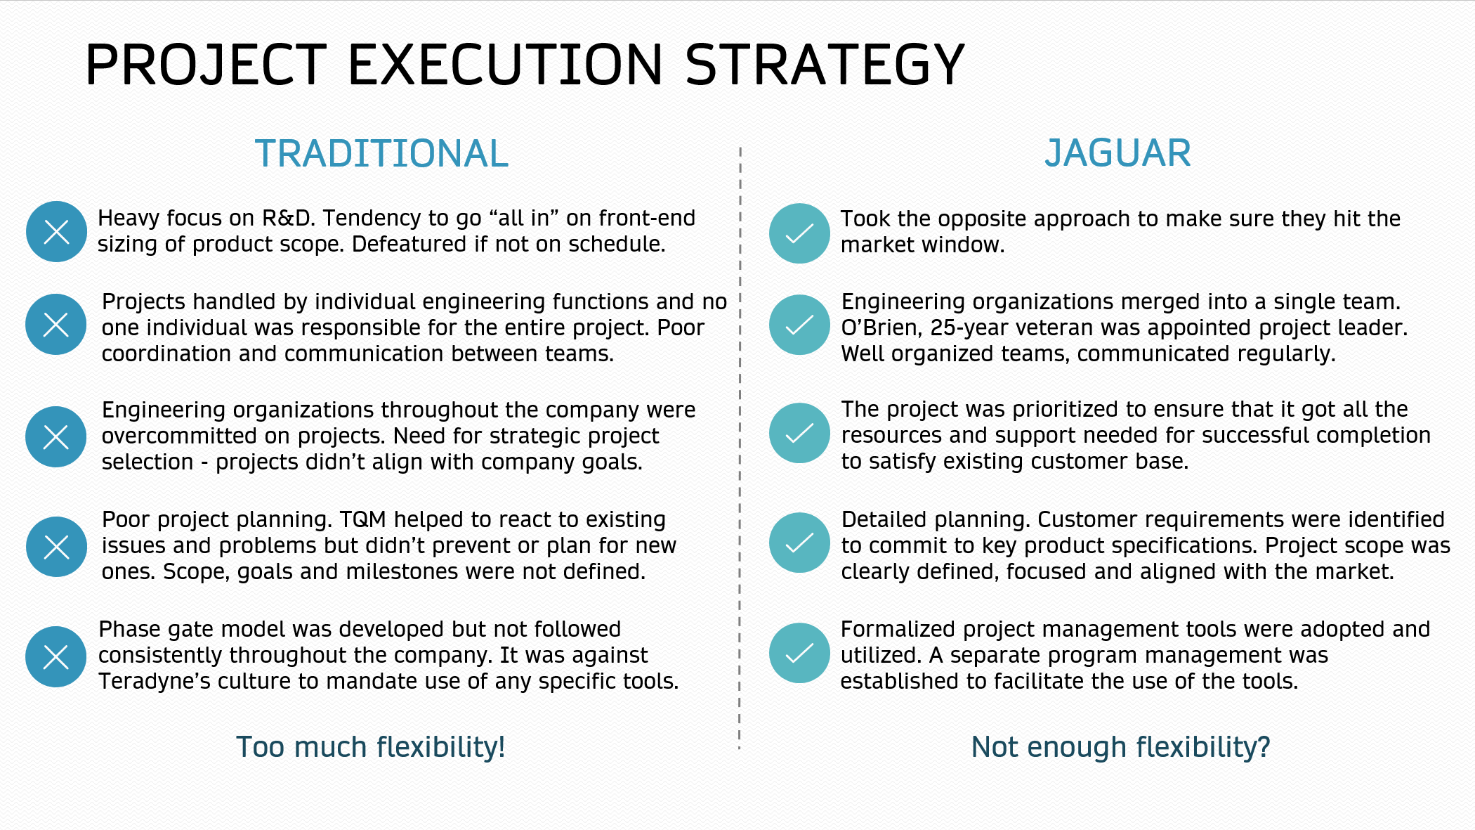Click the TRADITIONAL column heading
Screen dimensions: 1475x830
pos(381,153)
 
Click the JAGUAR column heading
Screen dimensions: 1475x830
pos(1117,153)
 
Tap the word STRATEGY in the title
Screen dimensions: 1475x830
pos(825,65)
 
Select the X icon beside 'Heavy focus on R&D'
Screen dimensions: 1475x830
pos(56,231)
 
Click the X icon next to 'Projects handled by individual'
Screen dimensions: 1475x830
pos(56,324)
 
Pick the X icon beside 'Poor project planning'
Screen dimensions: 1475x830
pos(56,547)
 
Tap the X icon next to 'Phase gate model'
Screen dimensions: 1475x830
pos(56,656)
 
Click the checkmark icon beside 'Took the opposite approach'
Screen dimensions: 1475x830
pos(799,233)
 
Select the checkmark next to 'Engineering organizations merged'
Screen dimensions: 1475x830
pos(799,325)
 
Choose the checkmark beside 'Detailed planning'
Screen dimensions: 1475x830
pos(799,543)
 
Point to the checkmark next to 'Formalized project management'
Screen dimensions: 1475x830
pos(799,653)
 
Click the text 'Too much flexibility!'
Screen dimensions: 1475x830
pos(370,747)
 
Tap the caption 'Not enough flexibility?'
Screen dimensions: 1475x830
pos(1120,747)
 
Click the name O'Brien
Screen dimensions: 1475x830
pos(882,328)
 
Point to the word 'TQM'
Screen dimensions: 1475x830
pos(363,520)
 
